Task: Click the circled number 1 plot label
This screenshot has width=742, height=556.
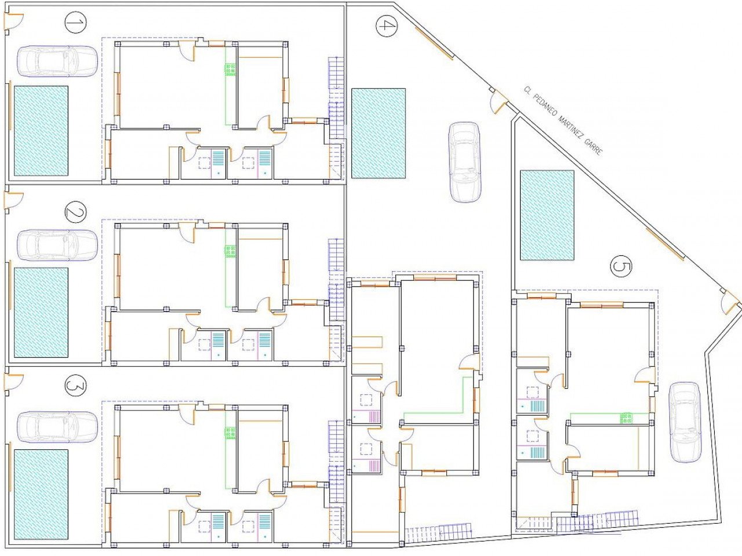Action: point(75,24)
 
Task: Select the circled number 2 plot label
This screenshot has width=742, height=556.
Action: point(75,213)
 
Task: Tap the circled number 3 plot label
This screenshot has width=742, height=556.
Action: point(75,385)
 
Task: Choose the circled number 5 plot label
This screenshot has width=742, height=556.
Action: point(621,268)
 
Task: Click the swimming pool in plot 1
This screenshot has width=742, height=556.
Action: point(41,131)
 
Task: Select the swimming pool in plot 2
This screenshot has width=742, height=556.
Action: point(41,312)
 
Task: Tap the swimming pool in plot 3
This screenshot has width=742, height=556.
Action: point(41,494)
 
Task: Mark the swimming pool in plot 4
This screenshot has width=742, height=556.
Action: point(378,133)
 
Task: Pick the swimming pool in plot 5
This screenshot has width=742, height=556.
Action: point(547,214)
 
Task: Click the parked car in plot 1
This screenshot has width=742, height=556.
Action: point(57,61)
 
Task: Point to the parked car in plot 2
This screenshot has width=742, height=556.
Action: point(57,245)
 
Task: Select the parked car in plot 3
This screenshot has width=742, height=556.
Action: point(57,427)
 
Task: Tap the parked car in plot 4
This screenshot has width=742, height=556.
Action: point(465,162)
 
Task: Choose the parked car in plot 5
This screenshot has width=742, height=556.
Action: point(685,422)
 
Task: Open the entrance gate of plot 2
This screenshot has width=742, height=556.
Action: point(13,200)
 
